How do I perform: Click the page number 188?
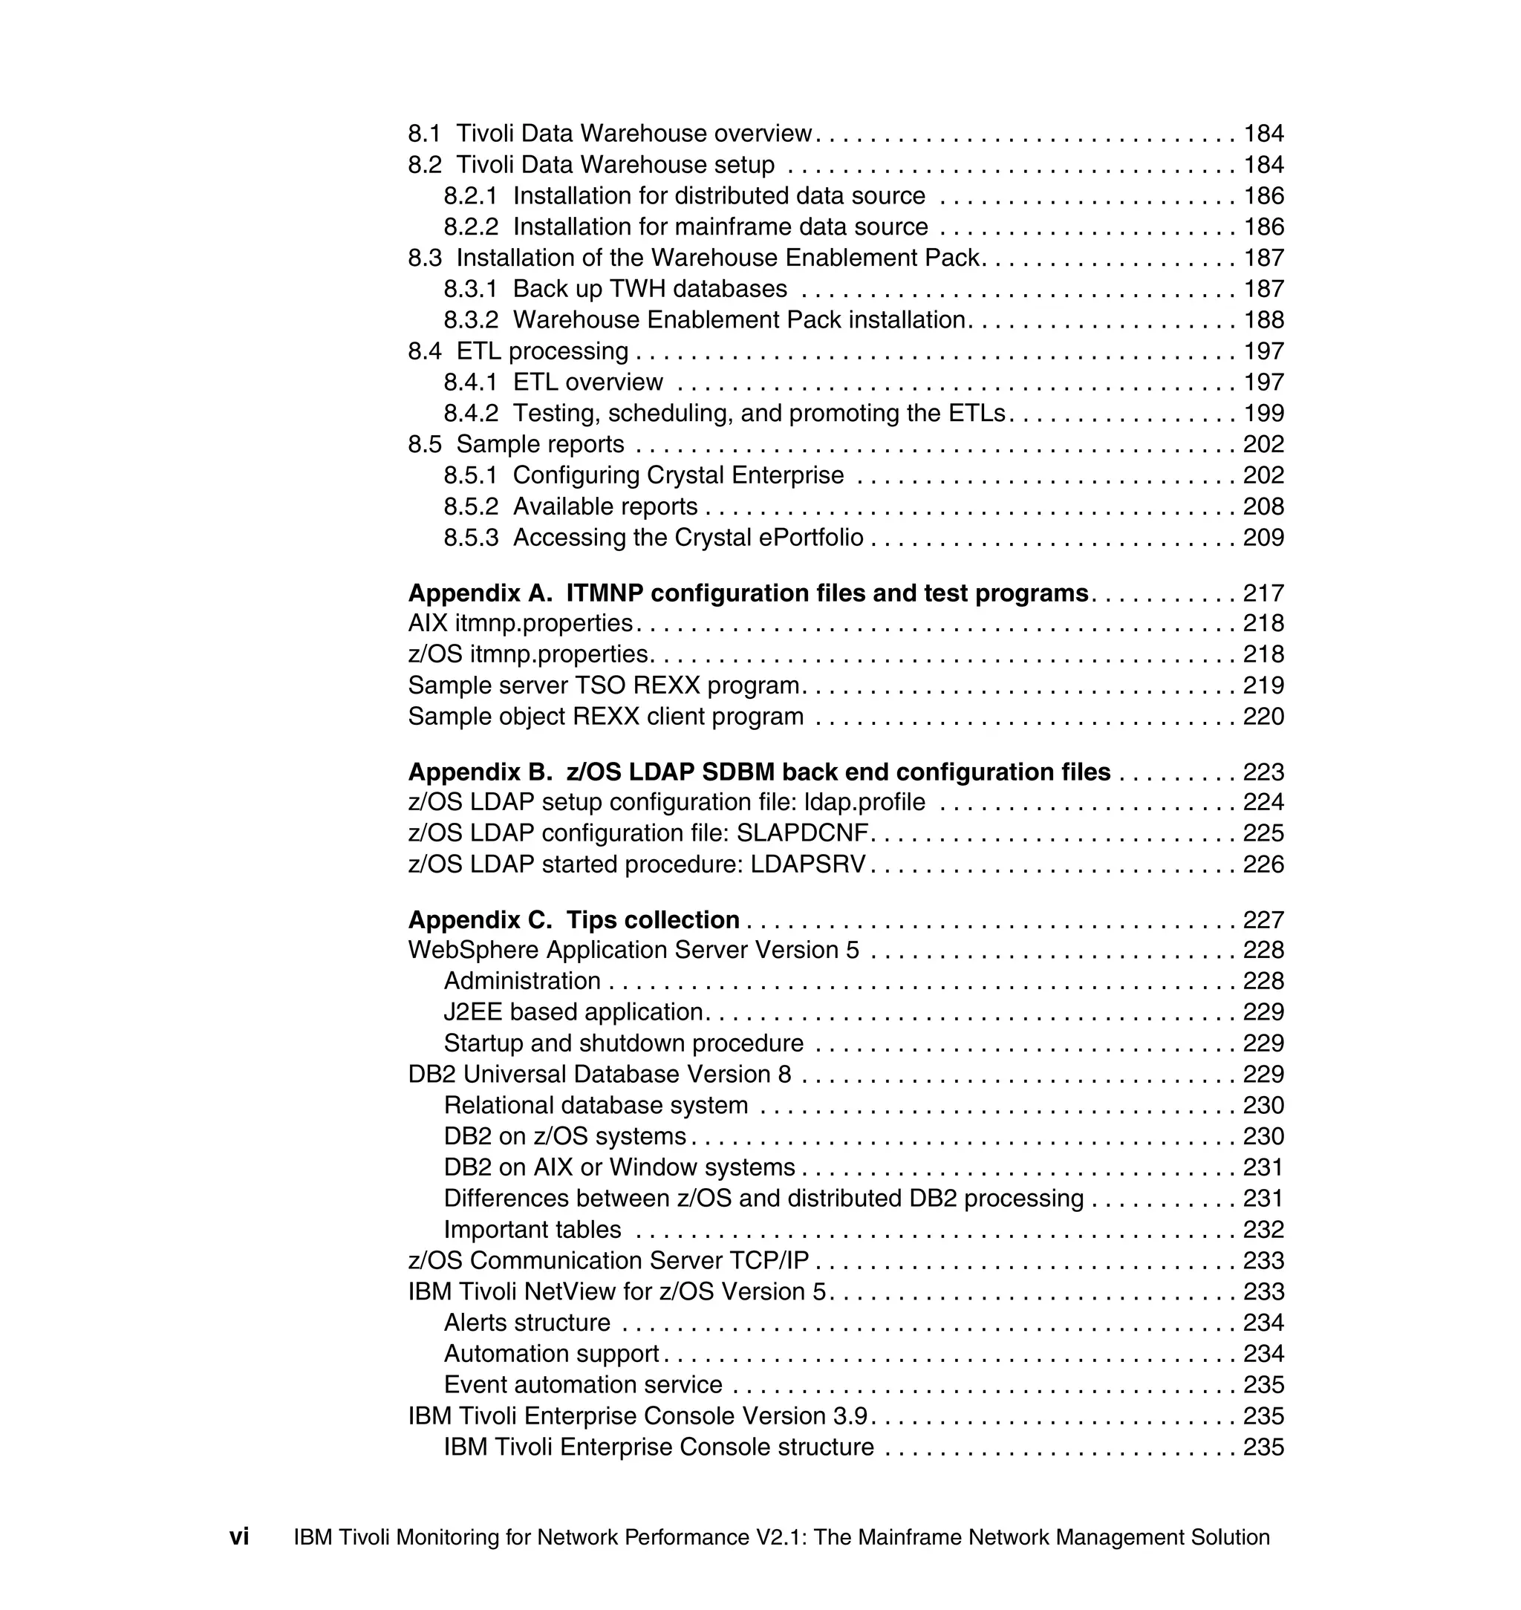pyautogui.click(x=1263, y=320)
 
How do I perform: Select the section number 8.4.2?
pyautogui.click(x=470, y=414)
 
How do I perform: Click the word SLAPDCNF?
pyautogui.click(x=802, y=833)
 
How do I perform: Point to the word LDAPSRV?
pyautogui.click(x=807, y=864)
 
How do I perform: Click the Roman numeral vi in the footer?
pyautogui.click(x=239, y=1536)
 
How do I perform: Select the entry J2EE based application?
pyautogui.click(x=573, y=1011)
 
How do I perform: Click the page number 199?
pyautogui.click(x=1263, y=414)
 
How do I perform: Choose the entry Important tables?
pyautogui.click(x=532, y=1230)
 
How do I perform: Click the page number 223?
pyautogui.click(x=1263, y=772)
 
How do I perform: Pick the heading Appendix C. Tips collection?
pyautogui.click(x=573, y=920)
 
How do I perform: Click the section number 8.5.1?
pyautogui.click(x=470, y=475)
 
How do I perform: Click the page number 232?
pyautogui.click(x=1263, y=1230)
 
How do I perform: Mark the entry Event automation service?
pyautogui.click(x=582, y=1385)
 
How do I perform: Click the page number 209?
pyautogui.click(x=1263, y=538)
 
